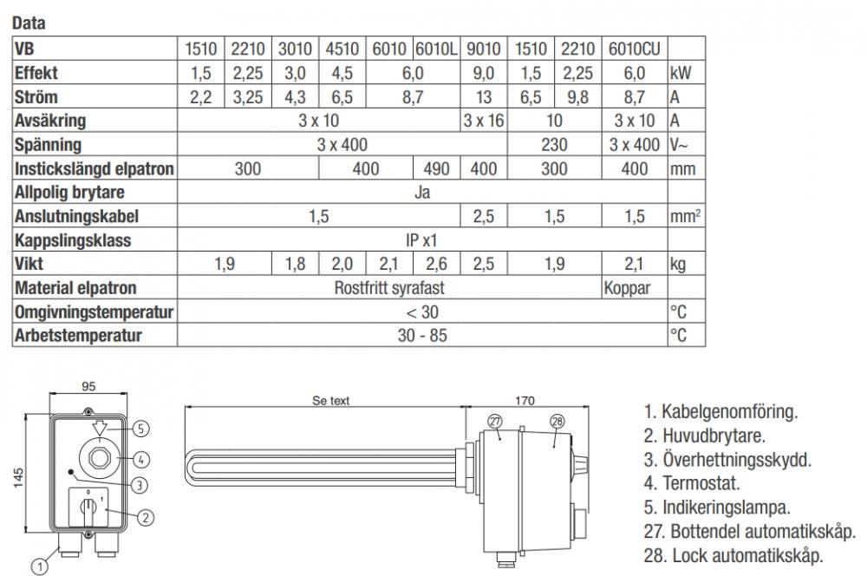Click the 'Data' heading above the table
pos(29,23)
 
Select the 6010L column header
pos(436,49)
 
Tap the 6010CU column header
pos(635,49)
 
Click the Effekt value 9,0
pos(483,73)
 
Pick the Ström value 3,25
pos(248,97)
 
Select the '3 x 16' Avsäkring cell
pos(483,121)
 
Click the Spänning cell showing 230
pos(554,145)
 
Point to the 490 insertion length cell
pos(436,168)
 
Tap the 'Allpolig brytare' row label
pos(69,193)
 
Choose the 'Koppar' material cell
pos(627,288)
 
